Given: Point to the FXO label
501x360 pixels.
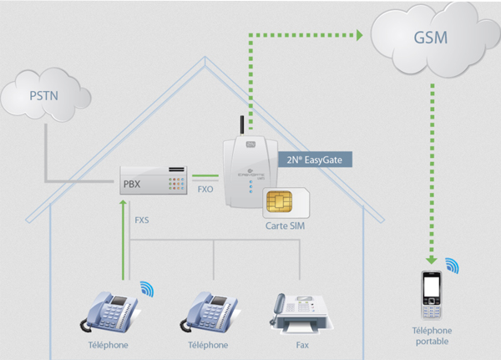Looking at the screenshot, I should (205, 190).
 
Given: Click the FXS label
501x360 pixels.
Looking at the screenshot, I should (143, 220).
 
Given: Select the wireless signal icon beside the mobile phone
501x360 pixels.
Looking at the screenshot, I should (452, 266).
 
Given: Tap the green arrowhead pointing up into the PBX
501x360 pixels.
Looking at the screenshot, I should (124, 202).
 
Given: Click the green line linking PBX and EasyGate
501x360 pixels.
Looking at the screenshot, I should (205, 176).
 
